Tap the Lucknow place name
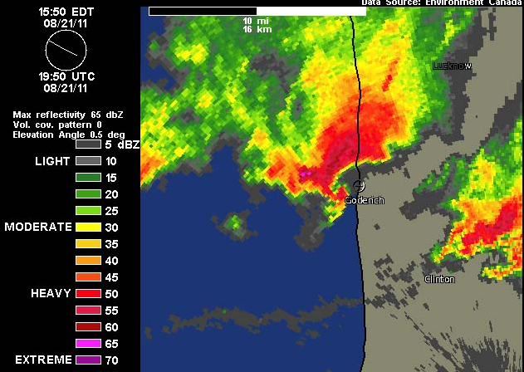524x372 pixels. [x=452, y=65]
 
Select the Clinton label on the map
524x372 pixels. [x=439, y=279]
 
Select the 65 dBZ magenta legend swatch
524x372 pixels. [x=87, y=342]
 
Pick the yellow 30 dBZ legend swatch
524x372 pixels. [x=87, y=226]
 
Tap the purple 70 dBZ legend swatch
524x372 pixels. [x=87, y=360]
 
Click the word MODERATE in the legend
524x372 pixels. [x=37, y=226]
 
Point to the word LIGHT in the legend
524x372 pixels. [x=52, y=159]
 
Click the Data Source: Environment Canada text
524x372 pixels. [x=442, y=3]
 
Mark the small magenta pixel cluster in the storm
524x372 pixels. [x=305, y=174]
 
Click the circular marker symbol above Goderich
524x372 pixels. [x=359, y=186]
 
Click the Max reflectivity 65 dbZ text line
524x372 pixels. [x=68, y=114]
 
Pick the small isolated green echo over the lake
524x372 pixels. [x=236, y=222]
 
